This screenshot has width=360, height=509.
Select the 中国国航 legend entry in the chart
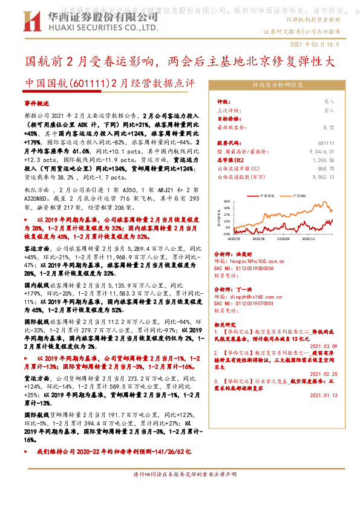point(268,196)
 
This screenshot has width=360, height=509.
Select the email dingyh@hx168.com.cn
point(248,296)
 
